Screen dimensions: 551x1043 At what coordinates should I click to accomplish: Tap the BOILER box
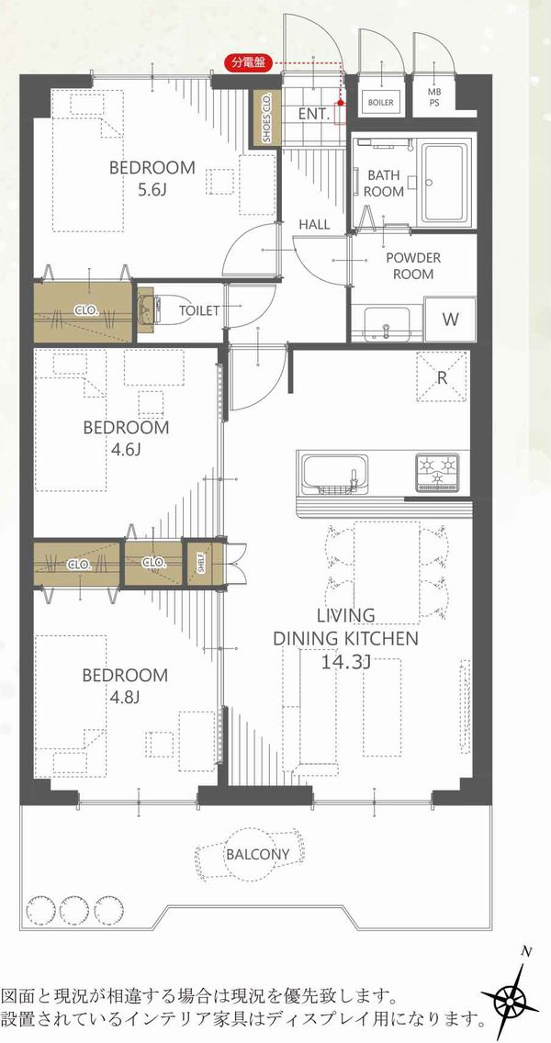(380, 103)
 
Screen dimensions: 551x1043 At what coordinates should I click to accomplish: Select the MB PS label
(433, 97)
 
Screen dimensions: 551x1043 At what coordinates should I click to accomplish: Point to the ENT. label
(314, 115)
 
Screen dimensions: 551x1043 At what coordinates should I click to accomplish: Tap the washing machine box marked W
(451, 320)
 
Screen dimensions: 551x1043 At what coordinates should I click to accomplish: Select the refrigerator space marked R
(442, 376)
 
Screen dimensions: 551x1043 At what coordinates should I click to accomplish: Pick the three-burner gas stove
(438, 471)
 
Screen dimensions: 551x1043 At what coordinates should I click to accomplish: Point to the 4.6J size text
(126, 450)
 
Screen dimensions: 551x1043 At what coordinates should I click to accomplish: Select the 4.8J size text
(125, 697)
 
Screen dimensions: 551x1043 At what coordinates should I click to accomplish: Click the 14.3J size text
(345, 662)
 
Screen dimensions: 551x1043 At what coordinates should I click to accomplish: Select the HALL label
(314, 225)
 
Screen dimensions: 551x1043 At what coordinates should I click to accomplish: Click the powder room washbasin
(386, 322)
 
